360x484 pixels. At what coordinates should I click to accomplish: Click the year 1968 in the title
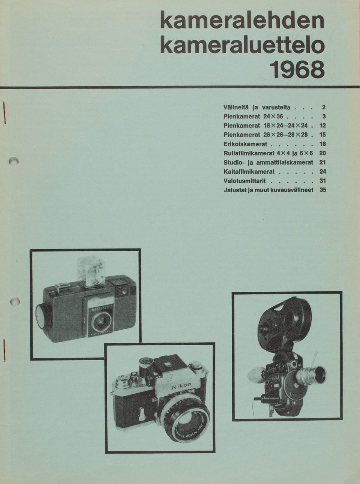pos(297,69)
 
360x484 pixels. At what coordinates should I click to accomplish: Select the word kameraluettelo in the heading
pos(242,45)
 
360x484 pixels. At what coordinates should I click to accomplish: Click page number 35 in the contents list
pos(323,190)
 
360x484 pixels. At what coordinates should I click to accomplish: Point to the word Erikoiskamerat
pos(245,144)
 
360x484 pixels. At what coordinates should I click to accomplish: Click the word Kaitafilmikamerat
pos(249,172)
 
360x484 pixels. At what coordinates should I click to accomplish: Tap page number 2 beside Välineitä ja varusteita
pos(324,107)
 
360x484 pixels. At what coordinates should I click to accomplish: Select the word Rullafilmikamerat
pos(249,153)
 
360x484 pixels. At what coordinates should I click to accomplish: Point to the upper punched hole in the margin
pos(15,161)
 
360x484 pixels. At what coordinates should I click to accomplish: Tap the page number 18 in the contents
pos(323,144)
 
